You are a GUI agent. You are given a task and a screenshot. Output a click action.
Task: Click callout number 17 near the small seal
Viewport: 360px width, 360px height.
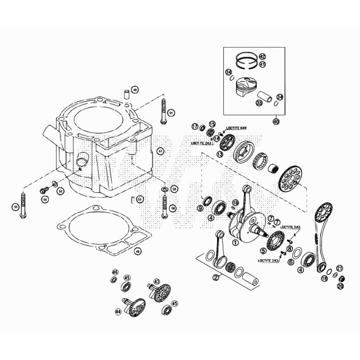[x=195, y=126]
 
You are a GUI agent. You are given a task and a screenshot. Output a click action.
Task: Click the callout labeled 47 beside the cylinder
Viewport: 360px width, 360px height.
[x=160, y=150]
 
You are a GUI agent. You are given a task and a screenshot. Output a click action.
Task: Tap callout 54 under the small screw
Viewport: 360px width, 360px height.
[x=43, y=198]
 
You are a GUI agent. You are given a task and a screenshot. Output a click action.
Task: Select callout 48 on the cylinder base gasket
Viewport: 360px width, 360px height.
[x=138, y=251]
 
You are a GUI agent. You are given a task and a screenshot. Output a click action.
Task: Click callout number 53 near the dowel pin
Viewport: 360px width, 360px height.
[x=140, y=199]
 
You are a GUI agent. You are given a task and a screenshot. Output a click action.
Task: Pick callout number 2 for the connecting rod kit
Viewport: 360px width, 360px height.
[x=215, y=277]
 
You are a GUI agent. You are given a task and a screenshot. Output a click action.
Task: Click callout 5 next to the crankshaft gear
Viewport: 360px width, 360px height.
[x=262, y=250]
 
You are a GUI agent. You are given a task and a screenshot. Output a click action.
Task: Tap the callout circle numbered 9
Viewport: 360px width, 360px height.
[x=200, y=209]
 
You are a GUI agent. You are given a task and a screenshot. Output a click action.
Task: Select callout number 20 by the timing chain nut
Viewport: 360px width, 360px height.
[x=340, y=286]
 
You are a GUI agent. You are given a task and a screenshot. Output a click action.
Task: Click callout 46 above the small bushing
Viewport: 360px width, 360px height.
[x=114, y=272]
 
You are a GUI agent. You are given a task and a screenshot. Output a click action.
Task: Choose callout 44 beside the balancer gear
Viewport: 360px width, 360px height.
[x=118, y=311]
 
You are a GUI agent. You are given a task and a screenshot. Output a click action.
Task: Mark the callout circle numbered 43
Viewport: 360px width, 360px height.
[x=157, y=282]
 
